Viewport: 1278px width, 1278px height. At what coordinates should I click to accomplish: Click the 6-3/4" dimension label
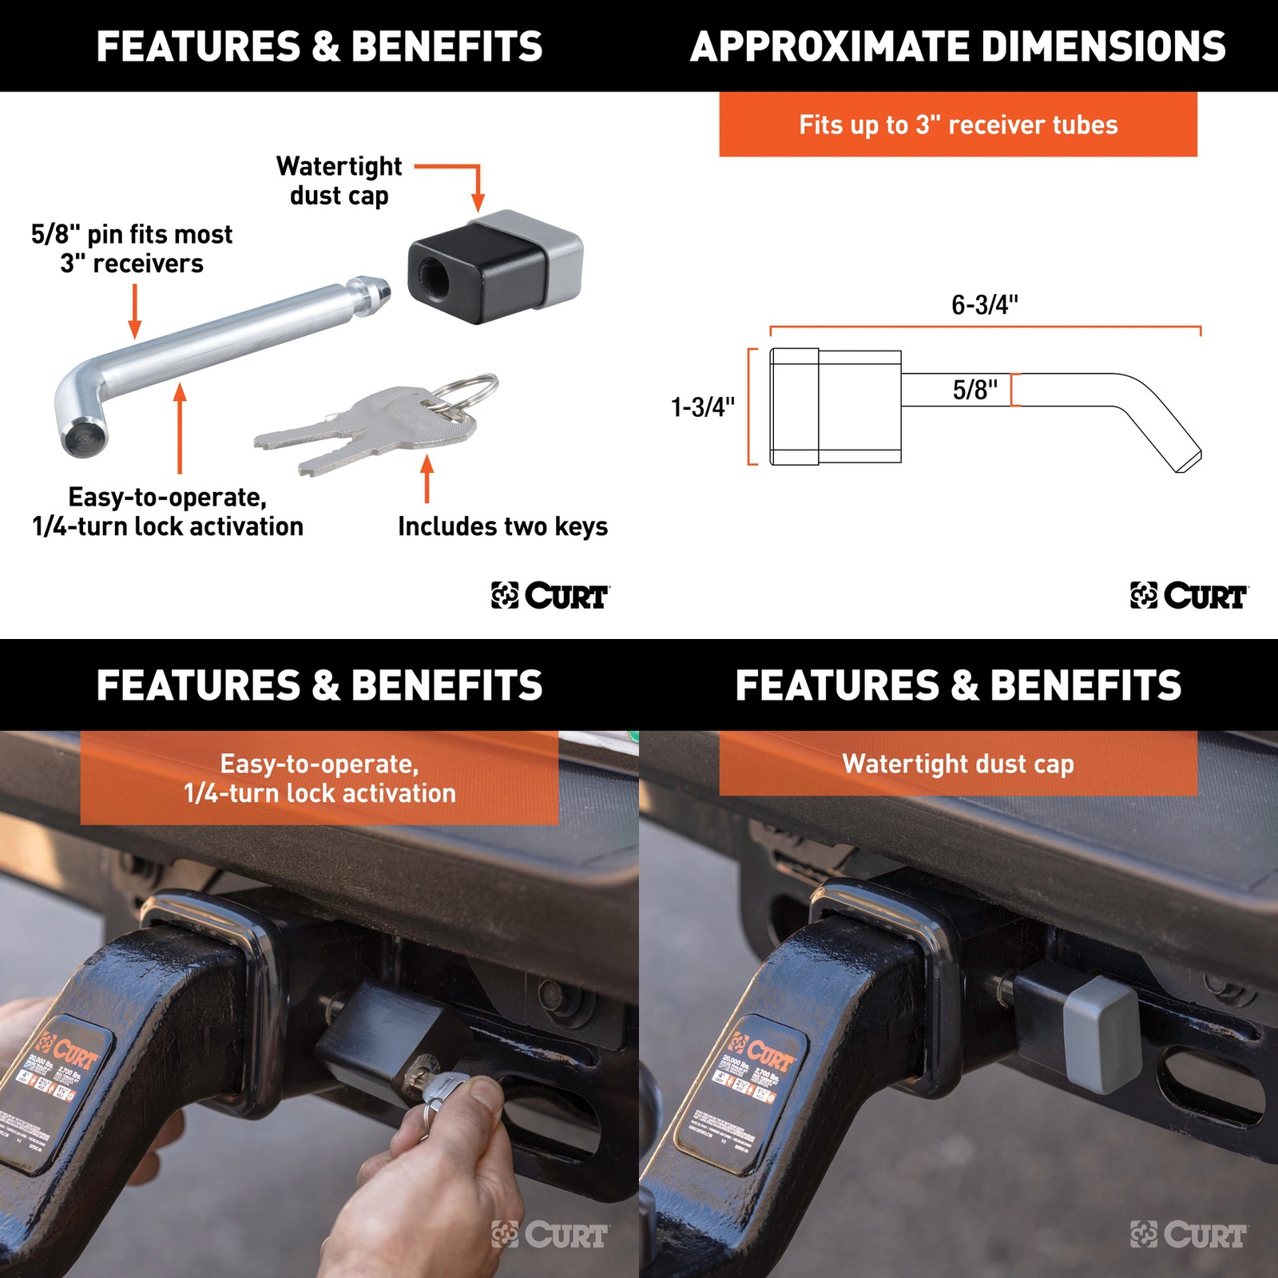coord(984,305)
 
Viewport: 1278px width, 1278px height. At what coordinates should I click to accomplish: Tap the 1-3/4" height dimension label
coord(703,407)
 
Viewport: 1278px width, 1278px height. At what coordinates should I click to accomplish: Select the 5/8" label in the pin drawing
coord(974,390)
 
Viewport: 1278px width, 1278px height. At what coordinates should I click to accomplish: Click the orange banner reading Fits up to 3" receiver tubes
coord(958,125)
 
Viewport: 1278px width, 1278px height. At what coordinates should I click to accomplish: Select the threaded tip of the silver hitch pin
coord(375,293)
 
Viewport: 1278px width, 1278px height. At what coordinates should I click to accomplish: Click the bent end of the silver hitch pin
coord(80,423)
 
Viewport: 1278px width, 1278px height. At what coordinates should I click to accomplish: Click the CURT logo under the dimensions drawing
coord(1189,596)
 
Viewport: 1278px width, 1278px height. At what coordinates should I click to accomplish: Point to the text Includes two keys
coord(502,526)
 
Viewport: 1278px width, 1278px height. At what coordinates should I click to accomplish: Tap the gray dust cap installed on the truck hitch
coord(1102,1034)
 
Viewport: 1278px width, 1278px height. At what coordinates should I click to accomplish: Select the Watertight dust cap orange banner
coord(958,764)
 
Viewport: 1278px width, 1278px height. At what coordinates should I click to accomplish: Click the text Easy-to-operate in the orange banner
coord(319,764)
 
